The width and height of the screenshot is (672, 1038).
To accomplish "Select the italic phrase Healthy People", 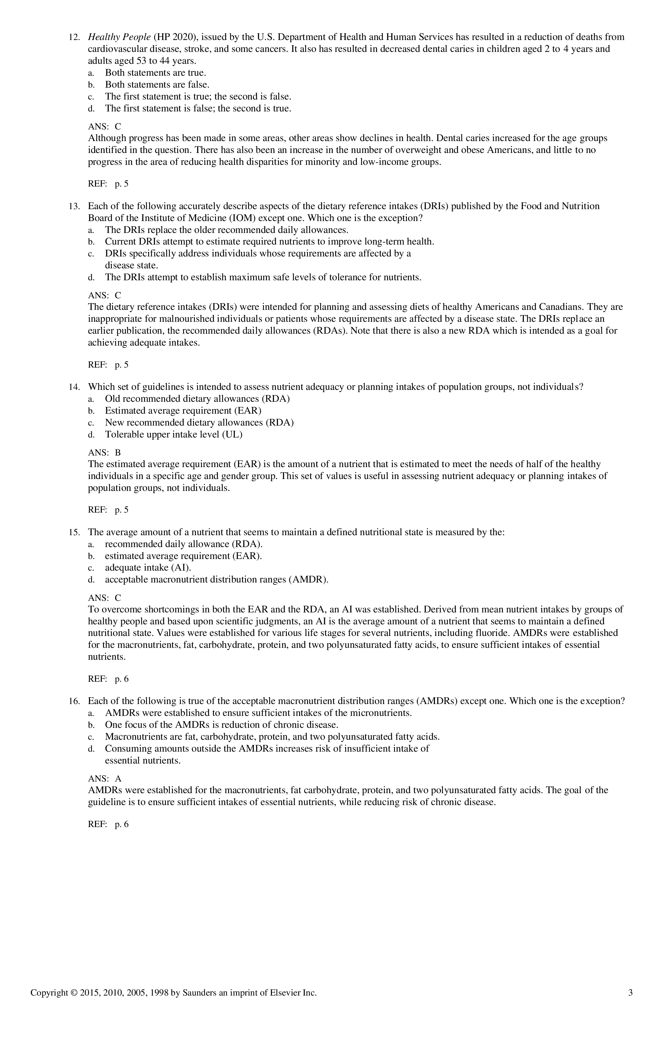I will click(119, 37).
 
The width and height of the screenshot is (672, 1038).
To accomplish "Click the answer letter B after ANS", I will click(118, 453).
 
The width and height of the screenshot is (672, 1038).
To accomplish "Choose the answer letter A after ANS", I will click(118, 779).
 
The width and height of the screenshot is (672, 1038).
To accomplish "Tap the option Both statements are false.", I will click(157, 85).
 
